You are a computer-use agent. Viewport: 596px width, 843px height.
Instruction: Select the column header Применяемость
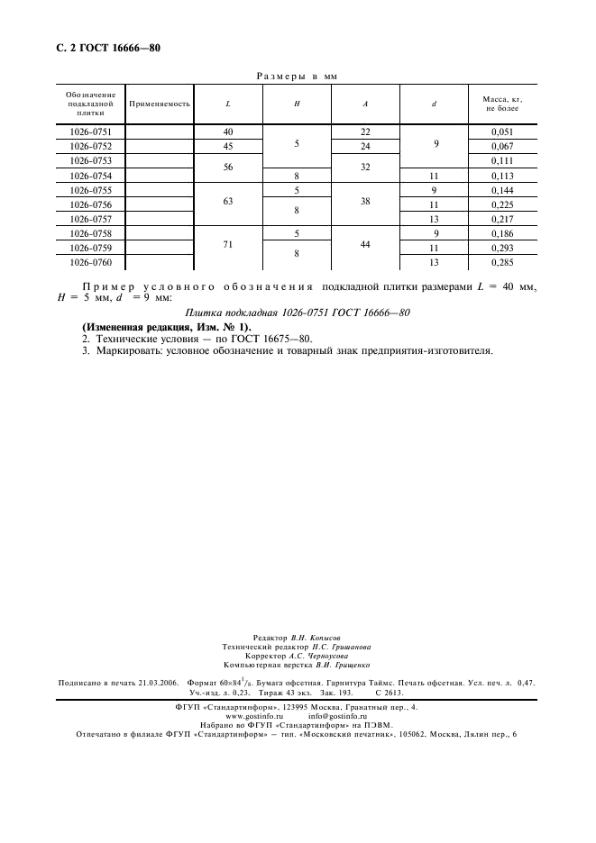tap(160, 104)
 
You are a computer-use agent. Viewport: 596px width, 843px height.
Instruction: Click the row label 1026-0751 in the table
tap(90, 131)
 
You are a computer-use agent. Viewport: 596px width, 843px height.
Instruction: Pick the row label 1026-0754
tap(90, 176)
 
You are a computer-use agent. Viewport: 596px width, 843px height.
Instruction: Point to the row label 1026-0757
tap(90, 219)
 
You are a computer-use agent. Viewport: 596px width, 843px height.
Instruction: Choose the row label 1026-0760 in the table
tap(90, 262)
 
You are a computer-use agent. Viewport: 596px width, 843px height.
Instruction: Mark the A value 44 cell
tap(365, 248)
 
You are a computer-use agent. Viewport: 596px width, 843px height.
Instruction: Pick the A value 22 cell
tap(365, 131)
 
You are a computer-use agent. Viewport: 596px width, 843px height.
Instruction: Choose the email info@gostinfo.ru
tap(338, 717)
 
